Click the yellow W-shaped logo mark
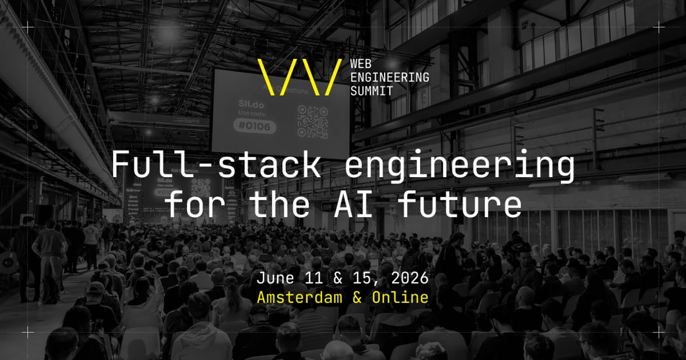(x=299, y=77)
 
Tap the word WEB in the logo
(x=362, y=63)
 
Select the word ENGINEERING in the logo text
(x=390, y=77)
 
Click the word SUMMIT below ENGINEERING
(x=371, y=91)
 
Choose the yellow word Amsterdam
(x=300, y=297)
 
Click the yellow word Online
(x=400, y=297)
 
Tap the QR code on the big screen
(x=312, y=121)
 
